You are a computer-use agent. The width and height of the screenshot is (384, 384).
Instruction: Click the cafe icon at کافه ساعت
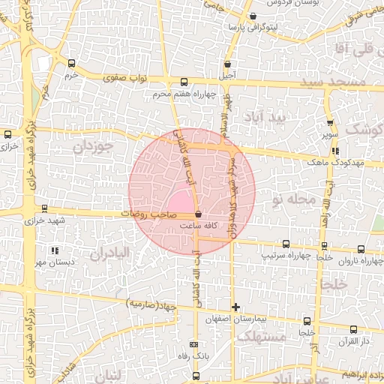197,214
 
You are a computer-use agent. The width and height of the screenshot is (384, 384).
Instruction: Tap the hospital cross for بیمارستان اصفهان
236,307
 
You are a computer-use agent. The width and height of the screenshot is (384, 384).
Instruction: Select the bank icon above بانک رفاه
196,346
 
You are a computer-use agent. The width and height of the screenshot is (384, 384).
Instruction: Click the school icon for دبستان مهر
53,250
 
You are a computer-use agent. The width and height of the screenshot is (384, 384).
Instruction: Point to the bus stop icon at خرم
72,64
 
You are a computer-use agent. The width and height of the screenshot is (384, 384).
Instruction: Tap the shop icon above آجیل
227,64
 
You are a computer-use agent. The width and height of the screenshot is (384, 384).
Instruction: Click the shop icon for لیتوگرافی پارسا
253,16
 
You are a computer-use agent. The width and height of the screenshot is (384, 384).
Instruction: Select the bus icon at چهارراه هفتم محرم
184,82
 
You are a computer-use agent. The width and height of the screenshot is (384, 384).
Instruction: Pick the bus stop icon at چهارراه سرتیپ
285,244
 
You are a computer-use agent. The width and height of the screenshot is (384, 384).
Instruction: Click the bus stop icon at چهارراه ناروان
361,250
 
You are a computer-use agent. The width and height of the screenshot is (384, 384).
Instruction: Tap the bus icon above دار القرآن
353,329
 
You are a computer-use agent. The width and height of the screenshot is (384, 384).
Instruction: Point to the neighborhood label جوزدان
92,146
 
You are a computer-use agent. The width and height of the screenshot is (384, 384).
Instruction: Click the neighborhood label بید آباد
269,118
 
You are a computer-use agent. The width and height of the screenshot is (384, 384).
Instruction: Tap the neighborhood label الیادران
110,255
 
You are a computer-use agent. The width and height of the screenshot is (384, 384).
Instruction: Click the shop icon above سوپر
329,123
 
